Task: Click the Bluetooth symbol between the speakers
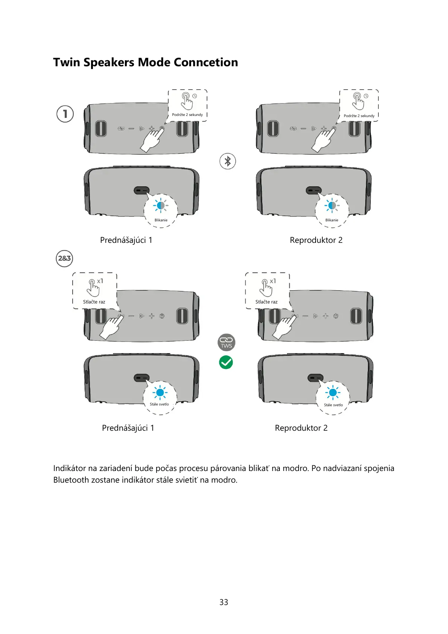coord(228,161)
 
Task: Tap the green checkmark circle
coord(226,362)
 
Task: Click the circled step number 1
coord(65,114)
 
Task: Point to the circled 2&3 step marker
coord(64,258)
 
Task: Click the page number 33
coord(224,602)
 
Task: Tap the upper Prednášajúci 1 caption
coord(126,240)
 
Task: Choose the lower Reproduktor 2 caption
coord(301,428)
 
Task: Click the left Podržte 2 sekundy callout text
coord(187,115)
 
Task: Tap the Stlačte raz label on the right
coord(266,302)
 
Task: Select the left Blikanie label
coord(161,220)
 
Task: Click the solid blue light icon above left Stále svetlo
coord(160,393)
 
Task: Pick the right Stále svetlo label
coord(333,405)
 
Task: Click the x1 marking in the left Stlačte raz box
coord(100,281)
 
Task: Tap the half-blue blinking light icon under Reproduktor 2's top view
coord(332,206)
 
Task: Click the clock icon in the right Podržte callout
coord(366,96)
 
